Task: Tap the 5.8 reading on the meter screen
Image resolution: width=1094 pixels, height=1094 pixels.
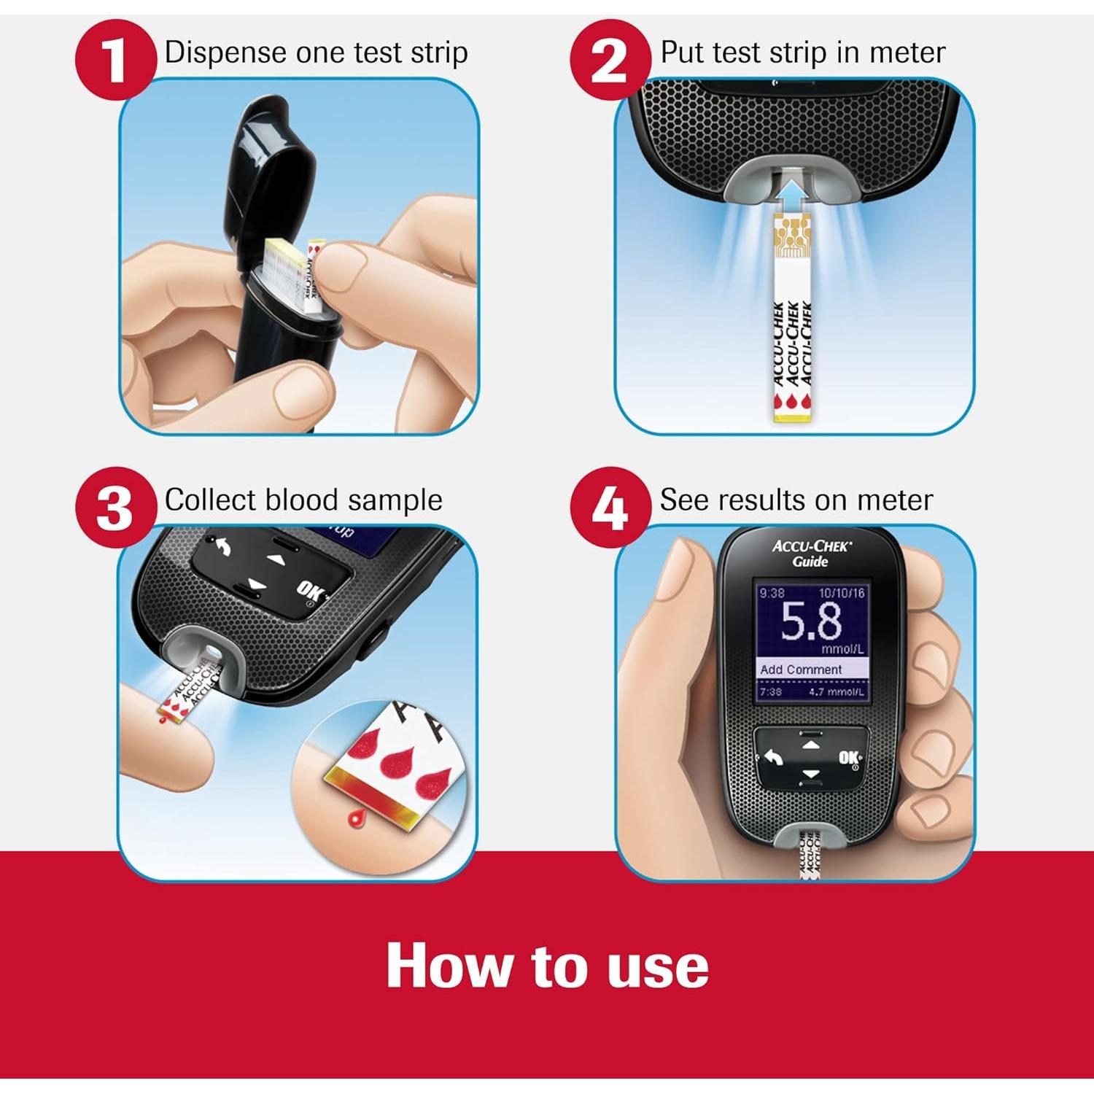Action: (810, 622)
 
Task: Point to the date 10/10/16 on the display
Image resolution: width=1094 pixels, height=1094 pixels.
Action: (841, 593)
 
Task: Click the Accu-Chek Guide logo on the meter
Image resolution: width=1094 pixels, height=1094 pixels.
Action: (811, 553)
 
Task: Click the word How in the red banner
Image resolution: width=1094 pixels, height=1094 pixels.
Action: (446, 966)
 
